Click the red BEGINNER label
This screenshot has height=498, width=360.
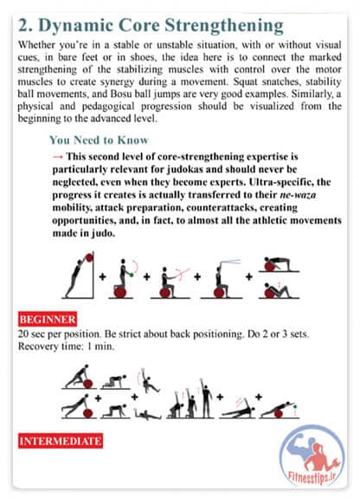click(x=48, y=319)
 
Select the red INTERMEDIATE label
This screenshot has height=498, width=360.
click(x=61, y=441)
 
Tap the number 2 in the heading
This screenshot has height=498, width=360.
click(x=23, y=25)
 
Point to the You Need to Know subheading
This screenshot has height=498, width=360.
click(x=99, y=139)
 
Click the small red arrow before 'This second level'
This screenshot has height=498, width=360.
click(x=57, y=156)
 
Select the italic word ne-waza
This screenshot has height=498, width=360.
click(x=298, y=195)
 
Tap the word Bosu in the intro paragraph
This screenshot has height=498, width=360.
click(x=122, y=94)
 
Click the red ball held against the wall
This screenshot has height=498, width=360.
click(x=89, y=257)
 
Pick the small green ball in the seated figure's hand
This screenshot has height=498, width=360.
click(x=132, y=275)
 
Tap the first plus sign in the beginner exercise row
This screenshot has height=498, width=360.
click(x=102, y=276)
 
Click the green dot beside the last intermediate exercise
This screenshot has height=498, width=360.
click(x=295, y=406)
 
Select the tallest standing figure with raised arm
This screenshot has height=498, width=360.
click(x=206, y=398)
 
